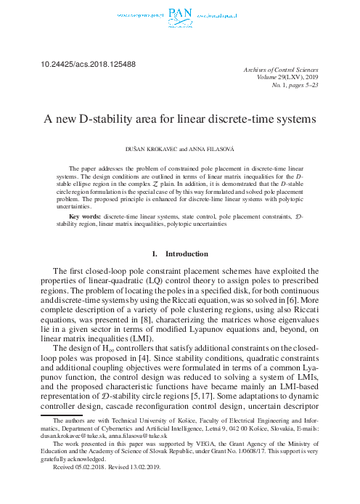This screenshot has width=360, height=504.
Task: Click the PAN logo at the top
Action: (181, 13)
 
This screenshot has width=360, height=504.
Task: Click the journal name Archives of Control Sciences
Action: (279, 68)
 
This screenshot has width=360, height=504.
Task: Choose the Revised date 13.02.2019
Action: (152, 488)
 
